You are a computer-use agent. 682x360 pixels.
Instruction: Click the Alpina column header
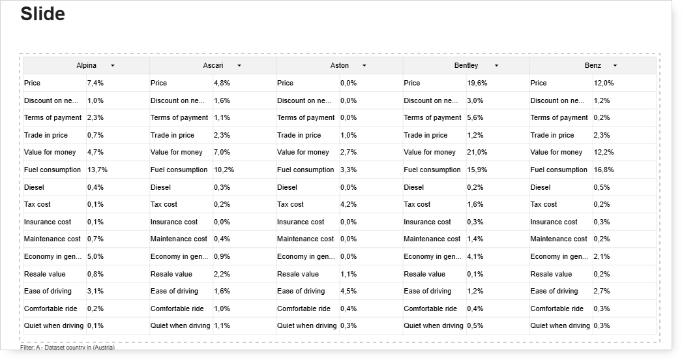point(86,65)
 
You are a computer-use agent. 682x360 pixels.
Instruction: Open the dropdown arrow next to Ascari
point(239,66)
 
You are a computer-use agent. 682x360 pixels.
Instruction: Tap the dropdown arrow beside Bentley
point(496,66)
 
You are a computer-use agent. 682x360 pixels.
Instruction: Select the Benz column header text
point(593,65)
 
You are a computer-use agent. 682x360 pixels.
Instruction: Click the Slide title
point(42,14)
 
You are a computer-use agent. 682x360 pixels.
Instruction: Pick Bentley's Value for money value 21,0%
point(477,153)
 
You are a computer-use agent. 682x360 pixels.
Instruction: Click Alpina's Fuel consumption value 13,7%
point(97,170)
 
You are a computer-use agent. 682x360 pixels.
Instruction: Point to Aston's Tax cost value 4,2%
point(348,204)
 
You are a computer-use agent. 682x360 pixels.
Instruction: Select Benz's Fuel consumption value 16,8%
point(604,170)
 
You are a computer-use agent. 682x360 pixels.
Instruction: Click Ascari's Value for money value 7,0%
point(222,153)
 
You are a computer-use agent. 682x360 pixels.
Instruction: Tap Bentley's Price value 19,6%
point(477,83)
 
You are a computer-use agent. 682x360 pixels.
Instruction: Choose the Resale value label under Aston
point(298,274)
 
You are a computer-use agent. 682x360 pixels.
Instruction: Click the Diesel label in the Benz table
point(541,187)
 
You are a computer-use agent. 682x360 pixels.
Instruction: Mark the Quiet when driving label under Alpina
point(53,325)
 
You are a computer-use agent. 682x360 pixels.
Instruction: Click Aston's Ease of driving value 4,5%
point(348,292)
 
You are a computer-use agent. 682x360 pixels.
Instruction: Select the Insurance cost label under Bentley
point(427,222)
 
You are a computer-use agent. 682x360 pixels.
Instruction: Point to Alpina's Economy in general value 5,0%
point(95,256)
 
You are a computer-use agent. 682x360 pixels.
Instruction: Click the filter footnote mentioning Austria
point(67,348)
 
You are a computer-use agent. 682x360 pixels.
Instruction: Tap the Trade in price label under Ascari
point(172,135)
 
